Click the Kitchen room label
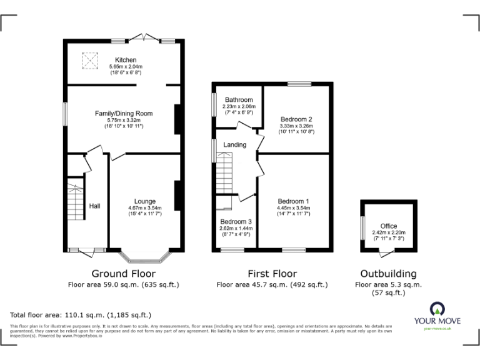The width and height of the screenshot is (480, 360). (x=126, y=60)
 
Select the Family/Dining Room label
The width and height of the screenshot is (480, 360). (x=123, y=113)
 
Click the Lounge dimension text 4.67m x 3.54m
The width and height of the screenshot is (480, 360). (x=144, y=208)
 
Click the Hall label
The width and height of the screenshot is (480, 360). (x=95, y=206)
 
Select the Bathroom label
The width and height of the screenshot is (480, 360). (x=239, y=100)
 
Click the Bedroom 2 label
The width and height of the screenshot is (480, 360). (x=296, y=119)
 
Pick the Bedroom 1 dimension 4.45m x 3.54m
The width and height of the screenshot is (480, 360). (x=294, y=207)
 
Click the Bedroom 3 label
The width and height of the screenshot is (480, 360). (x=236, y=222)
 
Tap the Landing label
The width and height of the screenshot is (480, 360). (x=235, y=145)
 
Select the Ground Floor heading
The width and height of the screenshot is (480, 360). (x=124, y=274)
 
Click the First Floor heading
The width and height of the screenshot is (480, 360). (x=272, y=274)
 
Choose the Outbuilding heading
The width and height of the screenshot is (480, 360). (x=388, y=274)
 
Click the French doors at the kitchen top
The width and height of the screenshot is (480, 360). (x=144, y=38)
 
